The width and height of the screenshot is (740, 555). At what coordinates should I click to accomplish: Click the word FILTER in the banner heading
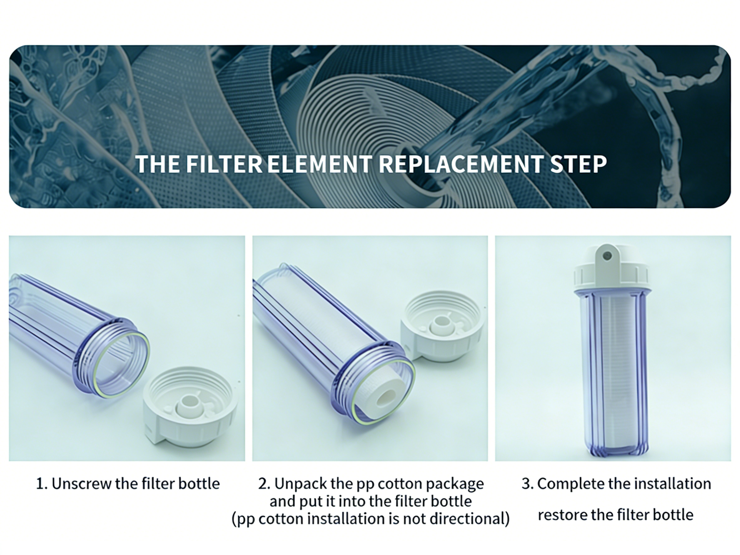point(224,164)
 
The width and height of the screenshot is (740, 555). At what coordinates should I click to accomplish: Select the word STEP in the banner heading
point(578,164)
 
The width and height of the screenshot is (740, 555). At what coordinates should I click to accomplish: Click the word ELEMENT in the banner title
point(319,164)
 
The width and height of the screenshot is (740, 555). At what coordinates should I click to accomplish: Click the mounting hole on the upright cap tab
point(607,256)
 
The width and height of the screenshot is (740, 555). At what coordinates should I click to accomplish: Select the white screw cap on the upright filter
point(612,276)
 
